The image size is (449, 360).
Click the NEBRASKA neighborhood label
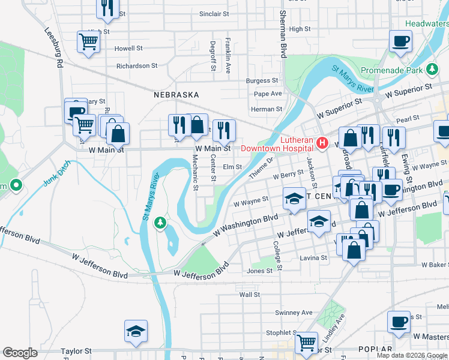(176, 95)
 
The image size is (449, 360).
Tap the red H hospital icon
(322, 143)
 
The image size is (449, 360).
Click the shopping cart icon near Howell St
(88, 42)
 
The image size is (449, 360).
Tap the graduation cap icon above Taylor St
(136, 331)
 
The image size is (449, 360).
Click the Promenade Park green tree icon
(432, 70)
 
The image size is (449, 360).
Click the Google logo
(20, 353)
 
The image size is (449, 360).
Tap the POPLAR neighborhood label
(375, 349)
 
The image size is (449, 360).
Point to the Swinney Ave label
(294, 313)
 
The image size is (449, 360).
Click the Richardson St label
(137, 66)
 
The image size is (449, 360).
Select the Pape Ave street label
(268, 94)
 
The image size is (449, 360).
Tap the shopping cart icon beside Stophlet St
(306, 343)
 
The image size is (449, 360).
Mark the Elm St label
(232, 167)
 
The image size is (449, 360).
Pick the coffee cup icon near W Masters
(399, 322)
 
